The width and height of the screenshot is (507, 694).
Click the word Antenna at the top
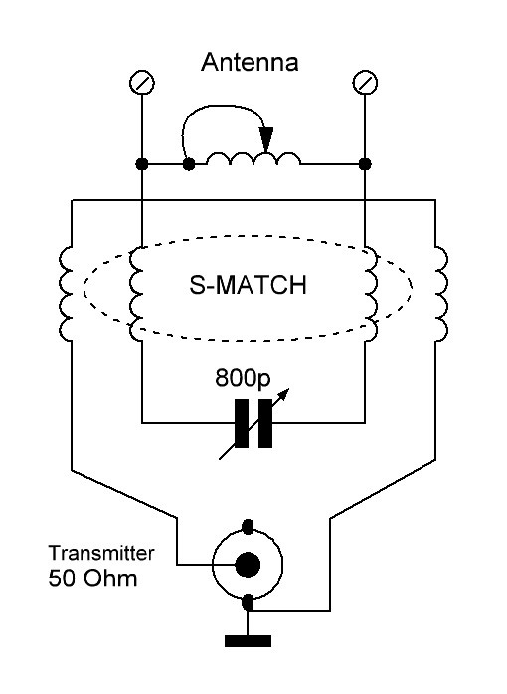point(250,62)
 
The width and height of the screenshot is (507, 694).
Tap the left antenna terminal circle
point(142,83)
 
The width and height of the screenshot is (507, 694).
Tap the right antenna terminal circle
point(365,83)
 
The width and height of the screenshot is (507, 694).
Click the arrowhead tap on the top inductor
point(266,139)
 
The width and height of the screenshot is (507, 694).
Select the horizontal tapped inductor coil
point(253,158)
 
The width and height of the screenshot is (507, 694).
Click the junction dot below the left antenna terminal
point(142,164)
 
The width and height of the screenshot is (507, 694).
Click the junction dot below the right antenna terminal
point(365,164)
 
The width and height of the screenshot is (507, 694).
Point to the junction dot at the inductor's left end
point(189,164)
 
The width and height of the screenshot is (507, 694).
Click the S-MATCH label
point(248,285)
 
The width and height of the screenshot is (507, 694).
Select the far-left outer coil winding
point(66,294)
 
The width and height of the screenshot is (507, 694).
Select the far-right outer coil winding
point(441,294)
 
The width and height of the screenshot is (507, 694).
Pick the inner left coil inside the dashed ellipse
point(136,294)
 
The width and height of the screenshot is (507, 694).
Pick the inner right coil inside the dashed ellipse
point(371,294)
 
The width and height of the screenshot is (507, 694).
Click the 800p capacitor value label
point(243,379)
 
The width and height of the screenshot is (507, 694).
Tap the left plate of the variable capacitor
point(242,423)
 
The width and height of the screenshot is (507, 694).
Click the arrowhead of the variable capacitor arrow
point(284,394)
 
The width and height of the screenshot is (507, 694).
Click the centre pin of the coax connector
point(248,565)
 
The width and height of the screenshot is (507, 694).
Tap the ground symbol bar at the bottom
point(248,641)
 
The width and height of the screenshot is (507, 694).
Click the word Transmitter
point(101,553)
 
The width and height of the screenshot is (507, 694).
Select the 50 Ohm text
point(92,578)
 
